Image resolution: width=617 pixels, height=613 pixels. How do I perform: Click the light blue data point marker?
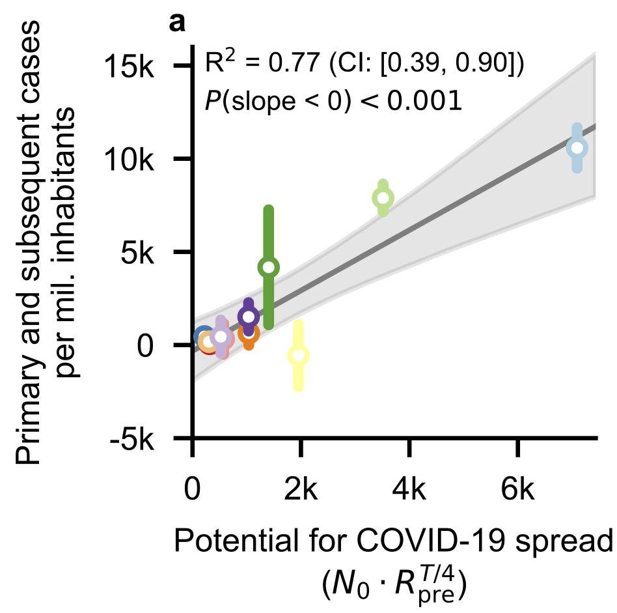tap(577, 148)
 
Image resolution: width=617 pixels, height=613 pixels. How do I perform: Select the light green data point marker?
tap(383, 197)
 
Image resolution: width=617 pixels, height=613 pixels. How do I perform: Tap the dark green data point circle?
tap(268, 267)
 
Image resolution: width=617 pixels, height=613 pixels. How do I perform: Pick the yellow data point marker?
tap(299, 356)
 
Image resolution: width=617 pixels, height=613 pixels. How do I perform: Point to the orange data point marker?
tap(249, 333)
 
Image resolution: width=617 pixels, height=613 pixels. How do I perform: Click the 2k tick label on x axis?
tap(301, 488)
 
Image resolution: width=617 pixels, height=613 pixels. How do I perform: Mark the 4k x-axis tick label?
tap(409, 488)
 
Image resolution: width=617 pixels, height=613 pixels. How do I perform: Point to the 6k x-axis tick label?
tap(517, 488)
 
